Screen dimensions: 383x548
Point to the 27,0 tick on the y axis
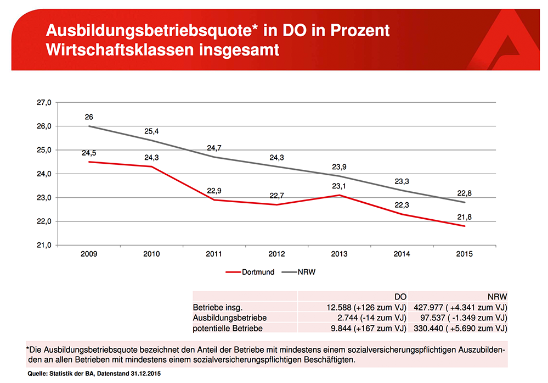[44, 102]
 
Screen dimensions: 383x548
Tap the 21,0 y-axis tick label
[44, 245]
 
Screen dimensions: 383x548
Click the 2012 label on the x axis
[276, 254]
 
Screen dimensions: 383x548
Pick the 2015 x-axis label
[464, 254]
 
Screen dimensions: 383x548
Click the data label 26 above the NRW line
[89, 117]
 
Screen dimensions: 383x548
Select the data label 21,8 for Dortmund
[464, 217]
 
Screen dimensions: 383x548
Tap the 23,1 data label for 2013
[340, 186]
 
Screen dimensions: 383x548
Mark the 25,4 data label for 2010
[151, 131]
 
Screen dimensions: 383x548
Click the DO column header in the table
[400, 296]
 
